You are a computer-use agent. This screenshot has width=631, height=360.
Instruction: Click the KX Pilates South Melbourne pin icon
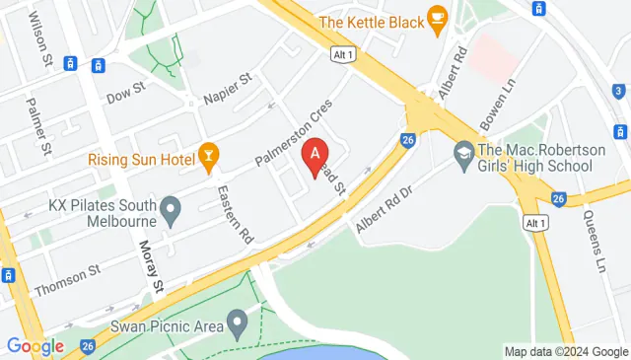pos(171,208)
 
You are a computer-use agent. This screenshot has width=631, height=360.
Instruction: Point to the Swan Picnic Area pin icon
pos(237,322)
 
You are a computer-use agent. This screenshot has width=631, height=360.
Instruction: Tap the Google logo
pos(35,346)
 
